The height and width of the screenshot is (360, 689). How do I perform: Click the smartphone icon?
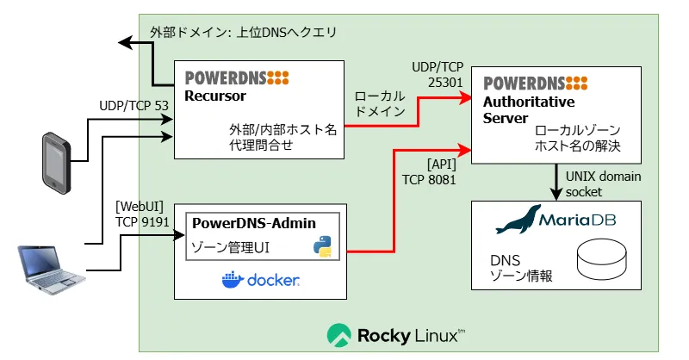tap(56, 163)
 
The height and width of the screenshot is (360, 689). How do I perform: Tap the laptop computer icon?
tap(51, 269)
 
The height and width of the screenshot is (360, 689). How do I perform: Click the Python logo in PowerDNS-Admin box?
tap(322, 246)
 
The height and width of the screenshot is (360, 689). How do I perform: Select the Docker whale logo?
tap(233, 280)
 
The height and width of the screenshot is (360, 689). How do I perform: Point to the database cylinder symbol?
tap(601, 259)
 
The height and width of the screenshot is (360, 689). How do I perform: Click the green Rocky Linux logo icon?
tap(338, 335)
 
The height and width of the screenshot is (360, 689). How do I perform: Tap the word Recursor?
tap(214, 96)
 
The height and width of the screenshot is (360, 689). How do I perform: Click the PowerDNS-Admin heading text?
tap(254, 223)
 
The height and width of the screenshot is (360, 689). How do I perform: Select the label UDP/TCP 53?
tap(134, 105)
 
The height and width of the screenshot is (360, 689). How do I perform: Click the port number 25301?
tap(445, 82)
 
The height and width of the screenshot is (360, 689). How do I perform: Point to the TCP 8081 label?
tap(429, 180)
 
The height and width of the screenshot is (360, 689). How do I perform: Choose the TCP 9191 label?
tap(142, 222)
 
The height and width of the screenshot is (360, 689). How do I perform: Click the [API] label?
tap(442, 164)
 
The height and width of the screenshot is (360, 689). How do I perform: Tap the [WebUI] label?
tap(140, 207)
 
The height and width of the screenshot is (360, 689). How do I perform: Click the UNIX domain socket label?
tap(603, 184)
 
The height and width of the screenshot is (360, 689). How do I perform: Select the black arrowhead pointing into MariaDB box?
tap(556, 194)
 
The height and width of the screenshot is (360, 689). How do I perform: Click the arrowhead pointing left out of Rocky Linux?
tap(125, 43)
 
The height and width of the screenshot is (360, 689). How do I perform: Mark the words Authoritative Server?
tap(529, 110)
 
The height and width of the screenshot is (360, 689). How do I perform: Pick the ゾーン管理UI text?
tap(230, 248)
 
